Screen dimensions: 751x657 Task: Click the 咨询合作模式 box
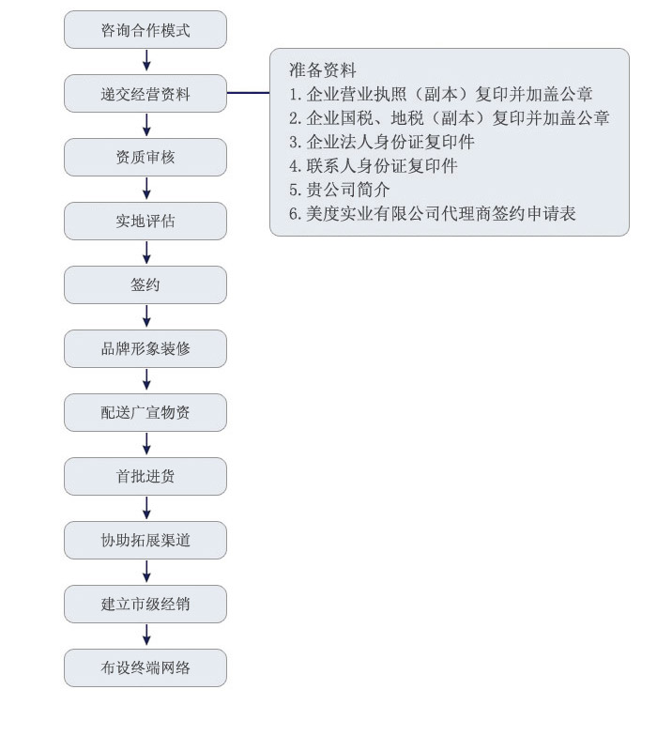145,30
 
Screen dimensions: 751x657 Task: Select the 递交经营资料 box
145,94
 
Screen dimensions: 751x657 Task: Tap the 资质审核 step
145,158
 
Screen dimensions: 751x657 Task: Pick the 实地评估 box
145,222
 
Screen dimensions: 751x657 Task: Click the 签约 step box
145,284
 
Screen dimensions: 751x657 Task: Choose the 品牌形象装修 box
145,348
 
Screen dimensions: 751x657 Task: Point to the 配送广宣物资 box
145,412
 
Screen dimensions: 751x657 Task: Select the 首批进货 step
145,476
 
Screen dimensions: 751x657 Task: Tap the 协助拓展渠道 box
145,540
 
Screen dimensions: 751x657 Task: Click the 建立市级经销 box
145,604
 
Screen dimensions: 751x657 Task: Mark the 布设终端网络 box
145,667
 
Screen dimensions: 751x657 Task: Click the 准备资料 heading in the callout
323,70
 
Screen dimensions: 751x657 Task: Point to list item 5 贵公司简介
340,190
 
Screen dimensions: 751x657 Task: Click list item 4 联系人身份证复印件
373,166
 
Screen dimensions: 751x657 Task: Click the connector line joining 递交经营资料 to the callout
248,93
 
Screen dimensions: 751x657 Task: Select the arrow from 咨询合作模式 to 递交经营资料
146,61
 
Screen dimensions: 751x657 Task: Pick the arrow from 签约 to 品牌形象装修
146,316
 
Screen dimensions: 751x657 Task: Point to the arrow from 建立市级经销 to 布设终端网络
146,636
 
